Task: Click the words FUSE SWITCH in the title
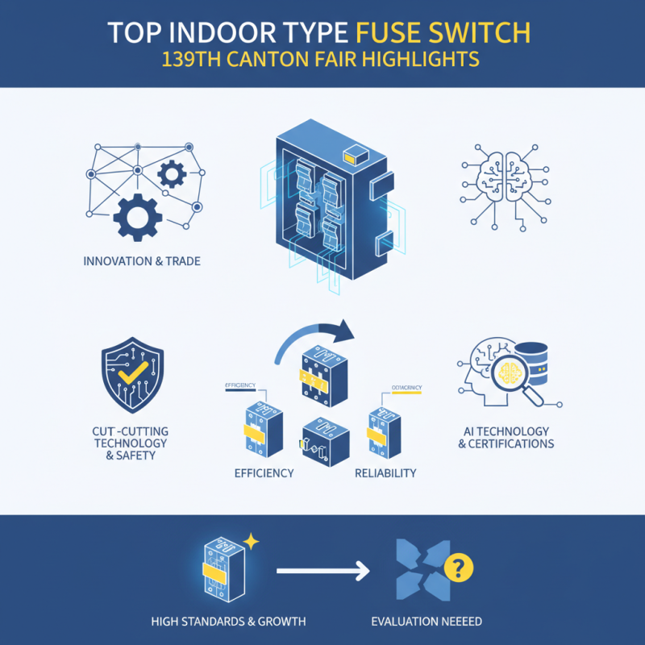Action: pyautogui.click(x=443, y=33)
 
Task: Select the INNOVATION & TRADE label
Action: pyautogui.click(x=141, y=261)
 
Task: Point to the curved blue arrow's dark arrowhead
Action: pyautogui.click(x=344, y=330)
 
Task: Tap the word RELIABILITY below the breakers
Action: pyautogui.click(x=385, y=473)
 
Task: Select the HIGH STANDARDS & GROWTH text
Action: pyautogui.click(x=218, y=621)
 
